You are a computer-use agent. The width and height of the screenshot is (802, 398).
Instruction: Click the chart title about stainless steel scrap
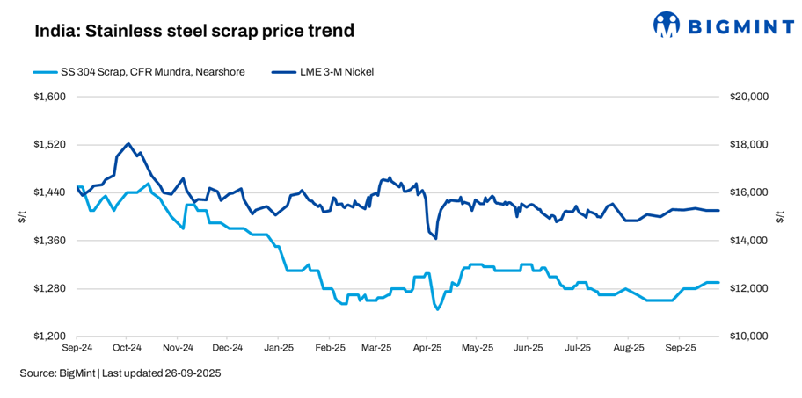pos(194,31)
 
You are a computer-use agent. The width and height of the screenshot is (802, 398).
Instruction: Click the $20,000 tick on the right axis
pos(748,97)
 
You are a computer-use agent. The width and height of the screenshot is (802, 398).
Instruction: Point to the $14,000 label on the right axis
pos(748,241)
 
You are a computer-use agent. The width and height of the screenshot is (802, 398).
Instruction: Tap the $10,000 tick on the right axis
pos(748,336)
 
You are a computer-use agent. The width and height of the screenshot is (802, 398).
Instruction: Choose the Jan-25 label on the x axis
pos(279,348)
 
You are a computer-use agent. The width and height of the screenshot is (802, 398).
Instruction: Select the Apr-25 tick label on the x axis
pos(427,348)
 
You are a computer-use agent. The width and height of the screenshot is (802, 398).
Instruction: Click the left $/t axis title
pos(21,217)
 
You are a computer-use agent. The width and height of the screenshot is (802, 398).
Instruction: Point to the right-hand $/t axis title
pos(780,217)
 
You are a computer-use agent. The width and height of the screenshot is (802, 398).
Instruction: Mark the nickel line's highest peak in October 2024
pos(128,143)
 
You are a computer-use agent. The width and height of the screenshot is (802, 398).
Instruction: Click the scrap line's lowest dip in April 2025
pos(437,309)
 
